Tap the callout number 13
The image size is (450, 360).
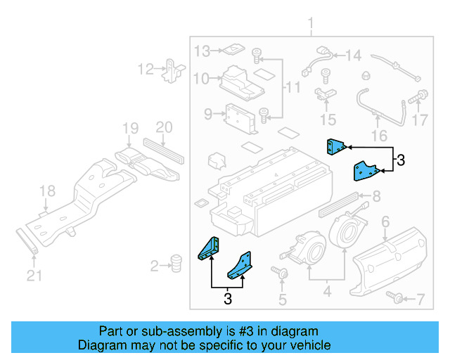[x=202, y=51]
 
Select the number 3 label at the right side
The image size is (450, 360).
[x=400, y=160]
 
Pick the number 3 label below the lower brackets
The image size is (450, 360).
[x=227, y=298]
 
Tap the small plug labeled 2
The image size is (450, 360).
[x=176, y=264]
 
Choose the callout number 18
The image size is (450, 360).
[x=46, y=191]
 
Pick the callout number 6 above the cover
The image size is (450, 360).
[x=385, y=222]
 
